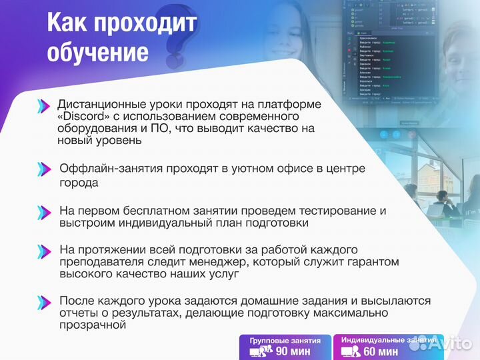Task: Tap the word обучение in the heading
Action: (x=97, y=52)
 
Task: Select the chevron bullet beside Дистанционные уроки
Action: (x=43, y=105)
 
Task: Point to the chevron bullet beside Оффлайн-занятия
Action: (x=43, y=169)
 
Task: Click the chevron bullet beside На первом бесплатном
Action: (x=43, y=211)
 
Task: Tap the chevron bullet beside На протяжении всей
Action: (x=43, y=251)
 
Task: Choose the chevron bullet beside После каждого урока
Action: (x=43, y=301)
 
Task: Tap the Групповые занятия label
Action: (x=285, y=340)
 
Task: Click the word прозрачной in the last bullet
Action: (x=93, y=325)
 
